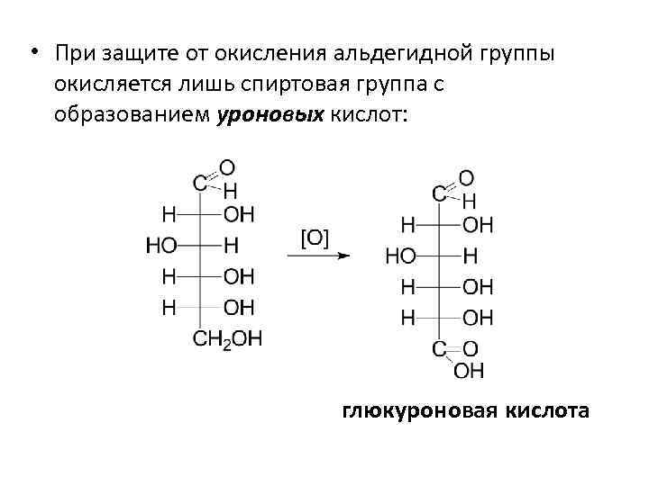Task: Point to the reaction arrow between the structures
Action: [318, 256]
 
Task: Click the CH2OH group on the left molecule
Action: [227, 338]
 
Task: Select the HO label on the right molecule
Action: [400, 256]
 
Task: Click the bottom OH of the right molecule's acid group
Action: [469, 370]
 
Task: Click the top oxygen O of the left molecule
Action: [227, 167]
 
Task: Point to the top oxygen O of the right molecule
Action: [467, 177]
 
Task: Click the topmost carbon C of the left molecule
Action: [199, 183]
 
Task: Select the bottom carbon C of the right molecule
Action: [439, 349]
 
